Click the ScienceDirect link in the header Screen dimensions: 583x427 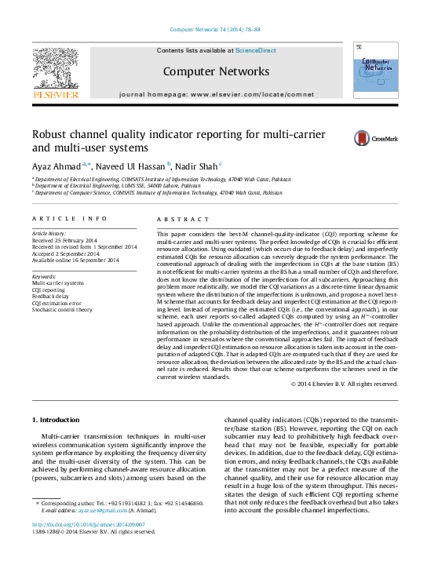click(x=256, y=51)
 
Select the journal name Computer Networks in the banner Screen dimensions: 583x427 click(x=216, y=71)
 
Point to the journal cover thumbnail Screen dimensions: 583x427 click(x=374, y=72)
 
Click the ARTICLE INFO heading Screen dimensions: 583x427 click(x=70, y=219)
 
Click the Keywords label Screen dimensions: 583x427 click(x=44, y=276)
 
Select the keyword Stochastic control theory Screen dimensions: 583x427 click(x=63, y=310)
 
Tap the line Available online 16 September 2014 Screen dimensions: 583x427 click(x=75, y=261)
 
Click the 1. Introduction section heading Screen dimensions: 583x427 click(x=60, y=421)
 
